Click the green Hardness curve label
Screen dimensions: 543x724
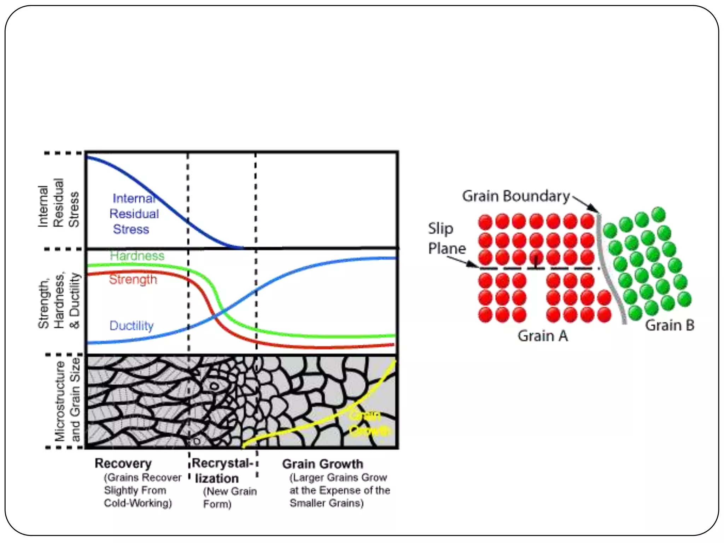pyautogui.click(x=137, y=256)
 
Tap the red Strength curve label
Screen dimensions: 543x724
pyautogui.click(x=133, y=279)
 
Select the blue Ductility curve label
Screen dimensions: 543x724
pyautogui.click(x=132, y=326)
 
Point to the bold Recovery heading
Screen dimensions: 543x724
pyautogui.click(x=123, y=463)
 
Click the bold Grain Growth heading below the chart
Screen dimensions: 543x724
pyautogui.click(x=322, y=464)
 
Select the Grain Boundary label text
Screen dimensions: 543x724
pyautogui.click(x=516, y=196)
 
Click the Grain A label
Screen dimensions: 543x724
pyautogui.click(x=543, y=336)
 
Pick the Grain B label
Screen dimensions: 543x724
pyautogui.click(x=670, y=325)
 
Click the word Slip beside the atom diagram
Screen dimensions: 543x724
pyautogui.click(x=440, y=228)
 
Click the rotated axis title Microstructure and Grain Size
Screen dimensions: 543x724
pyautogui.click(x=67, y=400)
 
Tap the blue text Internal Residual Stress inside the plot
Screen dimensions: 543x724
pyautogui.click(x=134, y=214)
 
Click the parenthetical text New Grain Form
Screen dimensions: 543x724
pyautogui.click(x=229, y=497)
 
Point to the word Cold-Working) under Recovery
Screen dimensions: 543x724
pyautogui.click(x=138, y=503)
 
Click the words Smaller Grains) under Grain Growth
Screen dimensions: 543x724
pyautogui.click(x=327, y=503)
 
